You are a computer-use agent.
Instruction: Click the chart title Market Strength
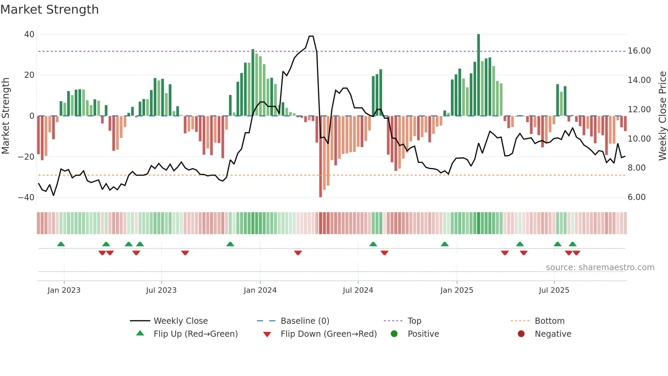click(x=49, y=10)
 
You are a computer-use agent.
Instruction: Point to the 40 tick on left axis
click(x=29, y=34)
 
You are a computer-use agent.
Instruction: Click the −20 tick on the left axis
click(x=26, y=157)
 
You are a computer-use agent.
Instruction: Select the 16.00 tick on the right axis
click(x=639, y=51)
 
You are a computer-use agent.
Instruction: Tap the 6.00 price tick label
click(x=636, y=197)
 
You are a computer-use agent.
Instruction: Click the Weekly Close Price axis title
click(x=662, y=116)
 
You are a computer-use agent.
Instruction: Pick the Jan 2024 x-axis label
click(x=260, y=290)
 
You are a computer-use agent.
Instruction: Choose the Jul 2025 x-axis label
click(x=554, y=290)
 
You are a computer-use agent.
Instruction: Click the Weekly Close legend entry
click(x=180, y=321)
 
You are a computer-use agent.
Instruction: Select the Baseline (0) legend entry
click(x=305, y=321)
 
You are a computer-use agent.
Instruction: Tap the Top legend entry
click(x=414, y=321)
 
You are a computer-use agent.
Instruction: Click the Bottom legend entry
click(x=549, y=321)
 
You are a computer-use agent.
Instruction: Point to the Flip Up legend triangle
click(x=140, y=333)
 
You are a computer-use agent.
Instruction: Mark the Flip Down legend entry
click(x=328, y=334)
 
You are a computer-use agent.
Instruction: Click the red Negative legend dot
click(x=521, y=334)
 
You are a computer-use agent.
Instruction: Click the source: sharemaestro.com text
click(x=600, y=267)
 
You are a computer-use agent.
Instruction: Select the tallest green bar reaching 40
click(x=479, y=75)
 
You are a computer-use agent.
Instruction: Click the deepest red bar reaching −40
click(x=321, y=157)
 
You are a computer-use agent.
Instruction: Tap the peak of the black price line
click(x=311, y=36)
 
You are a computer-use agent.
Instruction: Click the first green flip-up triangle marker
click(x=61, y=244)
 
